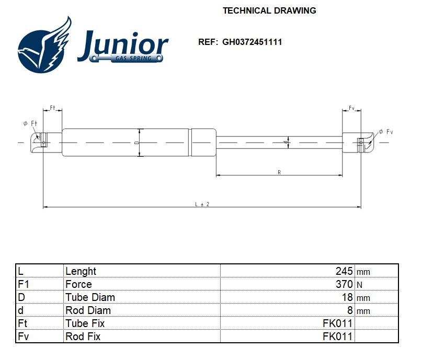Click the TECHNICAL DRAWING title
269,10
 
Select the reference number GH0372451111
252,42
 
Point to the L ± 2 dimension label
202,204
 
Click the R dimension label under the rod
279,172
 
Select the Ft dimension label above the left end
52,108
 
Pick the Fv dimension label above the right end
352,108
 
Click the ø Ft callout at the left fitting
30,123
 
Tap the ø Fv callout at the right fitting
385,131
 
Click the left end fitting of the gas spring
41,142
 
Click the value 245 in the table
344,271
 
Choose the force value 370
344,284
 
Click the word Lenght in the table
81,271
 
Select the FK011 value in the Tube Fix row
337,323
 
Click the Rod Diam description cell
88,310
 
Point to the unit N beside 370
359,285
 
